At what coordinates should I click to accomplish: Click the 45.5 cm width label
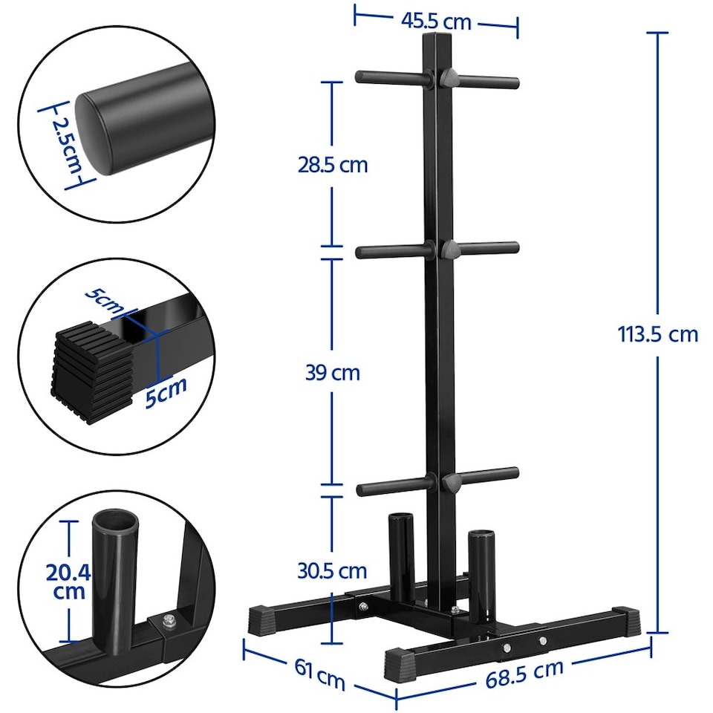[436, 22]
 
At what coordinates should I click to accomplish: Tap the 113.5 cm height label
[658, 334]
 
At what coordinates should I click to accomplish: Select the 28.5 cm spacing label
[333, 164]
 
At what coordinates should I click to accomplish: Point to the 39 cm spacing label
[333, 372]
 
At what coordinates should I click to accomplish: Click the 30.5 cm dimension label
[333, 570]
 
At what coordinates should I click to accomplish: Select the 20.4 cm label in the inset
[68, 582]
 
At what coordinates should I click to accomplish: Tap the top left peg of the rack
[390, 76]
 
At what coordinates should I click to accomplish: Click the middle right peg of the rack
[489, 247]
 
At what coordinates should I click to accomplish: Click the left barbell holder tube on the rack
[400, 546]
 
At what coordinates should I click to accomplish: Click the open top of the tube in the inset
[115, 519]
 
